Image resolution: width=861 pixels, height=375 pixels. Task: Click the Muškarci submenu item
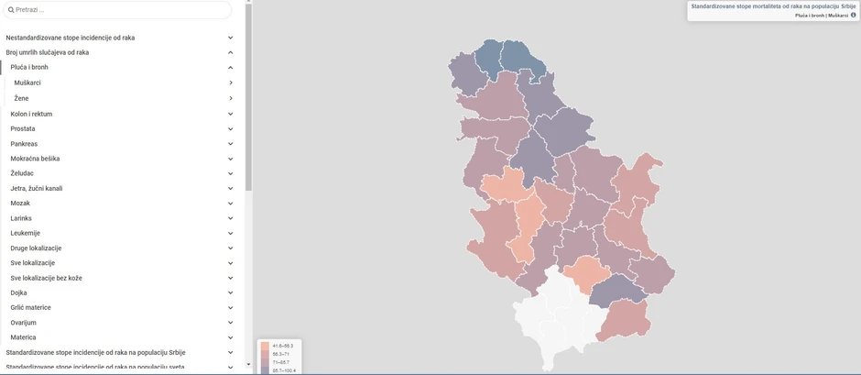click(x=28, y=83)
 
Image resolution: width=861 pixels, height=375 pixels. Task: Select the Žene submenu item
click(x=22, y=98)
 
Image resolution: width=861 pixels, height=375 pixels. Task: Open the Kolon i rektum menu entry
click(x=31, y=114)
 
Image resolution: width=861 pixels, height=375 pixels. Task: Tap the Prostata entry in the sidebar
click(x=23, y=128)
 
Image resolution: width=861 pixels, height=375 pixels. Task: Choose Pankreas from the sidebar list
click(x=24, y=144)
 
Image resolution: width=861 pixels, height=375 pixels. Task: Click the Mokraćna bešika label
click(x=35, y=159)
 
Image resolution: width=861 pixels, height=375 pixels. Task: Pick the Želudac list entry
click(x=23, y=173)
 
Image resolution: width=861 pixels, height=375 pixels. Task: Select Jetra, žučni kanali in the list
click(x=37, y=188)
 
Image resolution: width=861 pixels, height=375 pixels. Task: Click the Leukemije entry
click(x=26, y=233)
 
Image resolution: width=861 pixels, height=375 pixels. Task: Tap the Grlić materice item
click(x=31, y=307)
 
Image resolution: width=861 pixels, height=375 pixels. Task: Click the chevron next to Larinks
click(x=231, y=218)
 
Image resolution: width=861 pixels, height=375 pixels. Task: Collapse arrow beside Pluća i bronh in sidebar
click(x=231, y=68)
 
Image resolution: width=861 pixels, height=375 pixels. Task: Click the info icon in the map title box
click(x=853, y=16)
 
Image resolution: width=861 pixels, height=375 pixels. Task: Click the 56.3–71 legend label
click(x=281, y=354)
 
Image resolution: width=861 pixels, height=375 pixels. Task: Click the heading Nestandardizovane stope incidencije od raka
click(x=71, y=38)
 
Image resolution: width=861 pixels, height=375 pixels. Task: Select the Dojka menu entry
click(x=18, y=292)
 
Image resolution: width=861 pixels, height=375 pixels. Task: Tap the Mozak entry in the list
click(x=20, y=203)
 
